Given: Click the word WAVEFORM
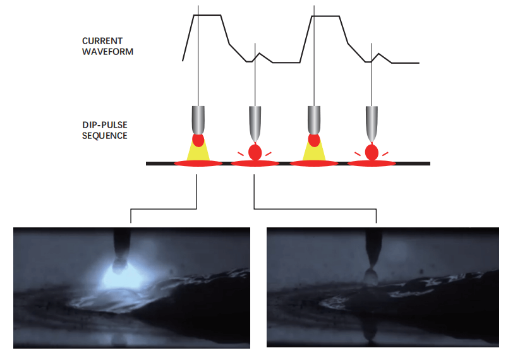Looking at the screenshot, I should (x=107, y=51).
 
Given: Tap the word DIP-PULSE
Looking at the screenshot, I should (x=104, y=126).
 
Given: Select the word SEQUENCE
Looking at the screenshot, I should (x=104, y=136).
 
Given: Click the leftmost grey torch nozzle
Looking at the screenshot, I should (x=198, y=119).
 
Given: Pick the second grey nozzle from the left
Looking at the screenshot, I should (x=255, y=122).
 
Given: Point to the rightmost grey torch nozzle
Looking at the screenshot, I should (x=372, y=122).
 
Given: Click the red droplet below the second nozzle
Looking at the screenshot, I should (x=255, y=152).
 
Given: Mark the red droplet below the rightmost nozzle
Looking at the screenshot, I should (x=372, y=152).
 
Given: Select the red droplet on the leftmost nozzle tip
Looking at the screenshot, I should (x=198, y=140).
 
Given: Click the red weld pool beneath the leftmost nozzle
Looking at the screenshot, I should (x=198, y=164).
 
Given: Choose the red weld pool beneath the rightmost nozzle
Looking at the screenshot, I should (x=372, y=164).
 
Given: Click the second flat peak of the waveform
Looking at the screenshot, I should (x=327, y=16).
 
